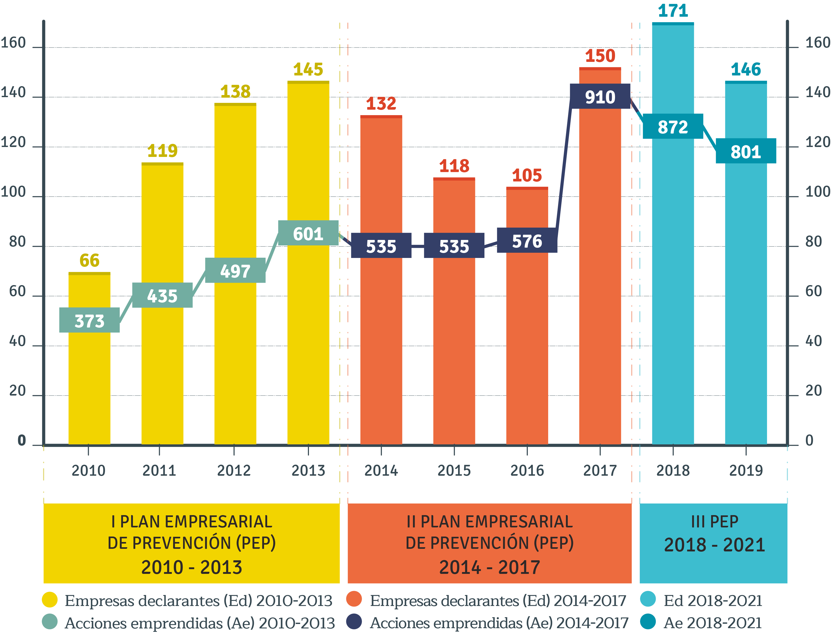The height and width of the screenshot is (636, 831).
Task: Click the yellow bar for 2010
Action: tap(89, 379)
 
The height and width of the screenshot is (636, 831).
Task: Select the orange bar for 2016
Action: tap(527, 341)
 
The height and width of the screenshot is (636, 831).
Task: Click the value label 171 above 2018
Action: tap(673, 11)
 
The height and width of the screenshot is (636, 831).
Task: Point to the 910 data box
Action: tap(600, 97)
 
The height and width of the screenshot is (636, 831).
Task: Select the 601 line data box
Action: tap(308, 233)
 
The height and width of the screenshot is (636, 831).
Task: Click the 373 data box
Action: tap(89, 320)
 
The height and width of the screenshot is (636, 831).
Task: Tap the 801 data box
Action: tap(746, 151)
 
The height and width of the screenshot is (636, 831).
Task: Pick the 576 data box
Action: tap(527, 241)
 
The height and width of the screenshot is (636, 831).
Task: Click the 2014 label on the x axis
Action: tap(381, 470)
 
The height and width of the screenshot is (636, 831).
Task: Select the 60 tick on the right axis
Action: tap(813, 291)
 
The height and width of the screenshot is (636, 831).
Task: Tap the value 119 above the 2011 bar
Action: tap(162, 151)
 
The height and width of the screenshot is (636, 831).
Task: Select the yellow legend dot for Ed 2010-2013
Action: tap(50, 600)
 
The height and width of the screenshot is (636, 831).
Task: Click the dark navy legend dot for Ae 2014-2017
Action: tap(354, 622)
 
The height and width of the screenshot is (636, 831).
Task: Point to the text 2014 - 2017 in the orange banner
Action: tap(489, 567)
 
